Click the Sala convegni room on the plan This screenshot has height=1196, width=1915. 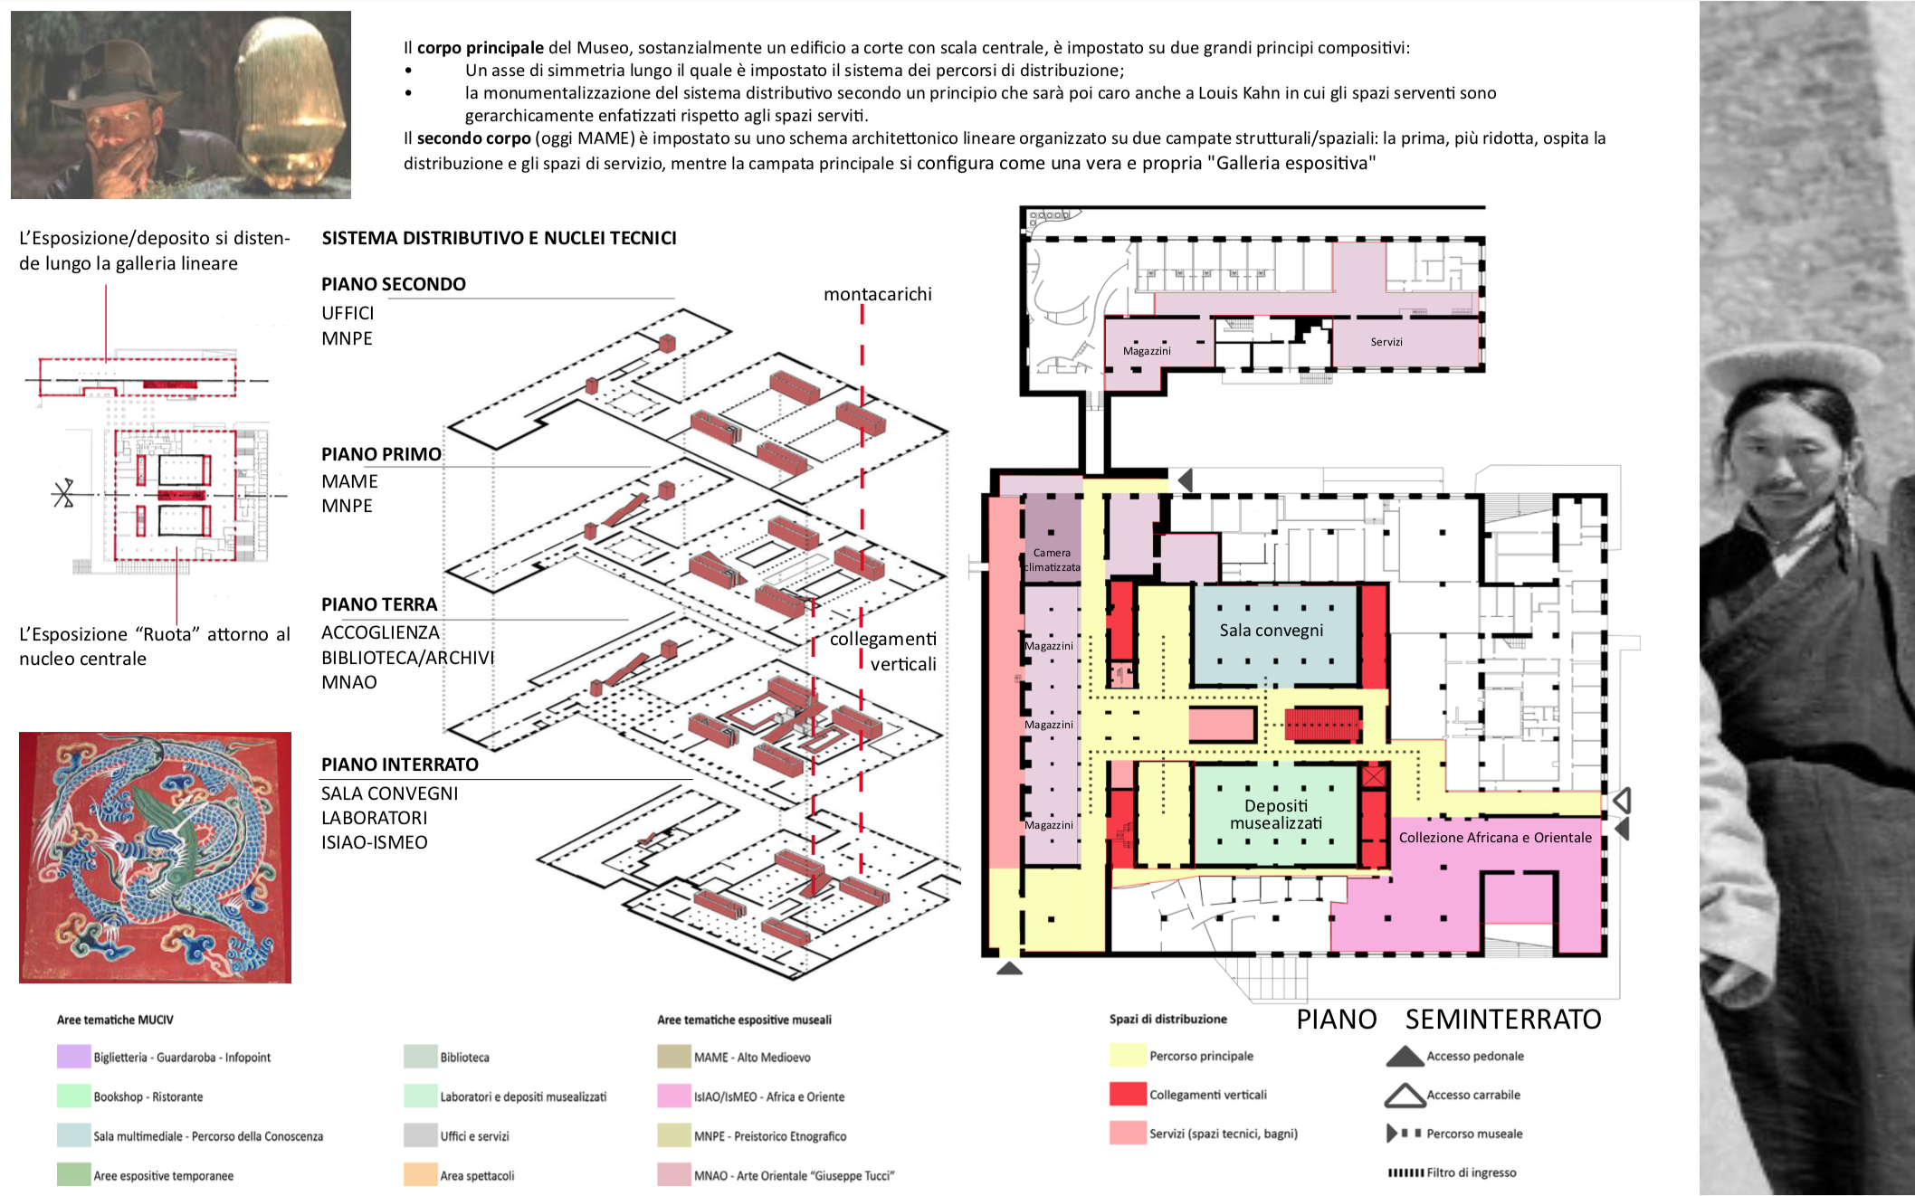click(1276, 634)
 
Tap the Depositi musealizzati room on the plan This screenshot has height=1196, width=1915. click(1276, 814)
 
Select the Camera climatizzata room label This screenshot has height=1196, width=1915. click(1052, 560)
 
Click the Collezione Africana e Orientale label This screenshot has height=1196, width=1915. click(1495, 838)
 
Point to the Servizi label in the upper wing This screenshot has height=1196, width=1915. click(1386, 342)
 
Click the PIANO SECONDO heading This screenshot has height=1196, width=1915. click(394, 284)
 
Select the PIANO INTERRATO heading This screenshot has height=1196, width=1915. click(400, 764)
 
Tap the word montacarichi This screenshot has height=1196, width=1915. click(878, 294)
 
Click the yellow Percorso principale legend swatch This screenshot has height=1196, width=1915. click(1128, 1056)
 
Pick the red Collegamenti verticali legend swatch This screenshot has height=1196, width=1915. click(1128, 1094)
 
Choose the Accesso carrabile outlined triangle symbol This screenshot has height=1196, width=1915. click(1405, 1096)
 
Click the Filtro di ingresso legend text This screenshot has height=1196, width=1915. click(1472, 1172)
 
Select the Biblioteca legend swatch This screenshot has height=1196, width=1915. click(421, 1057)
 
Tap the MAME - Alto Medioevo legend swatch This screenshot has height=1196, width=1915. click(674, 1057)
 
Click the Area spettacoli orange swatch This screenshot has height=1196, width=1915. click(421, 1174)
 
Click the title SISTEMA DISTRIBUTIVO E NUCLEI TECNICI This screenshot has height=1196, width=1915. click(500, 238)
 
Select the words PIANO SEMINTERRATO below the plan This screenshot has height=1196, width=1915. click(1449, 1020)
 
